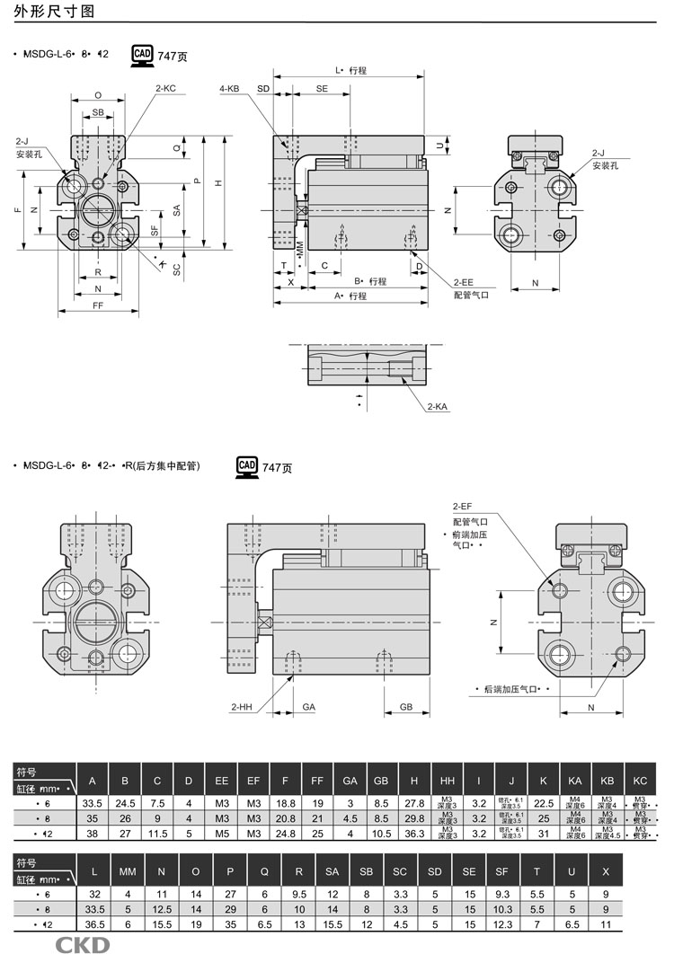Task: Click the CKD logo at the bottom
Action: [83, 944]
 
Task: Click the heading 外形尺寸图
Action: [45, 12]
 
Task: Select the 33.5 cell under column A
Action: [92, 802]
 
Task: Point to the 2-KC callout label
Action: [165, 89]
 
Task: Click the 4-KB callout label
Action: [229, 89]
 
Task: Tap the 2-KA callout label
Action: [438, 407]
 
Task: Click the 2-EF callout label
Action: [463, 507]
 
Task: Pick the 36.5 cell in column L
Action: [93, 923]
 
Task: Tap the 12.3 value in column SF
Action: [502, 923]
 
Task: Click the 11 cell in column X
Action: [607, 923]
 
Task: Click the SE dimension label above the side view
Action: [322, 89]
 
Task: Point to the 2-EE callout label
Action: [464, 280]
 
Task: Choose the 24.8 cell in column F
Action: [285, 834]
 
